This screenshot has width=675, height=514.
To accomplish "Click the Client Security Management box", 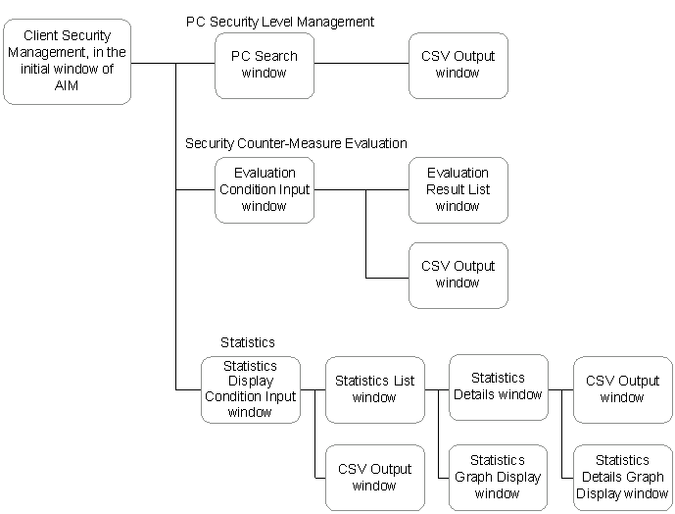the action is pos(68,62).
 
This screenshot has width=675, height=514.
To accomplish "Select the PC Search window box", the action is pos(265,66).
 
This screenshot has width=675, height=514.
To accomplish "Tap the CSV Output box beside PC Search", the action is pos(458,66).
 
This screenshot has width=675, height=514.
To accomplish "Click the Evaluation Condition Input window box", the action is pos(265,190).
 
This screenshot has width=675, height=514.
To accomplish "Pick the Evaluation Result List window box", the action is pos(458,190).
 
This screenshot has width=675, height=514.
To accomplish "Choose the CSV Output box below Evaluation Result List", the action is pos(458,276).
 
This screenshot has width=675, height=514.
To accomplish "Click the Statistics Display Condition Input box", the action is pos(251,389).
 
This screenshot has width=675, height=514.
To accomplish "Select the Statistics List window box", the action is pos(375,389).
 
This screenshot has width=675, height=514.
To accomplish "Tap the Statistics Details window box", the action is pos(499,387).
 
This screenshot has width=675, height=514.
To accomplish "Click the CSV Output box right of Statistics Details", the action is pos(622,389).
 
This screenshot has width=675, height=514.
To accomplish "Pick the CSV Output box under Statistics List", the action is pos(375,478).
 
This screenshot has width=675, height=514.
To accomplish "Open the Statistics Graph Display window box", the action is pos(498,478).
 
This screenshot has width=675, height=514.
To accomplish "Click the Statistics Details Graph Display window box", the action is pos(622,478).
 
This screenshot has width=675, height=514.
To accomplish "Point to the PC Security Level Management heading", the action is pos(280,22).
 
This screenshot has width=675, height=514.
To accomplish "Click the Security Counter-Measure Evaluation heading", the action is pos(296,143).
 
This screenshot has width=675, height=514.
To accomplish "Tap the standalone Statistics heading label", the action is pos(248,342).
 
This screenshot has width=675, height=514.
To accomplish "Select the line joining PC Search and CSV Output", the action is pos(362,64).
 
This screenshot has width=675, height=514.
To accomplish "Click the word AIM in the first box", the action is pos(67,85).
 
